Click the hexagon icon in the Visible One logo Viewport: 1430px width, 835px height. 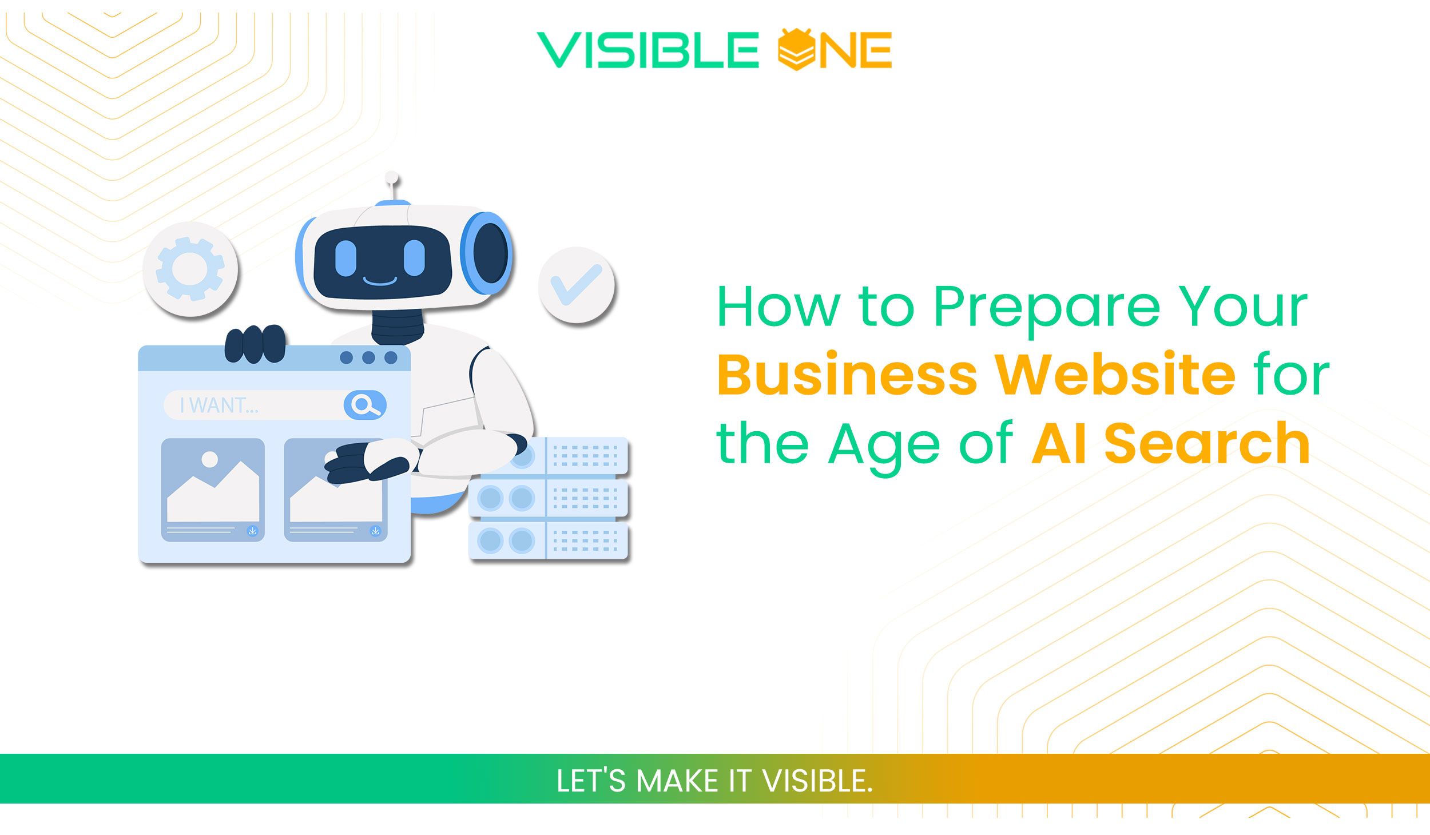[796, 50]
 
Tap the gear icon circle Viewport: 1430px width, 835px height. [190, 269]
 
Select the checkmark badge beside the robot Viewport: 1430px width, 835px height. [577, 285]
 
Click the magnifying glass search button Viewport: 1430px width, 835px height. [365, 405]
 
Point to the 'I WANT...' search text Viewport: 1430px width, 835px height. [219, 405]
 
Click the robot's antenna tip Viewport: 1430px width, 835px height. [392, 177]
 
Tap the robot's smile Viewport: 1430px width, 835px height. [380, 281]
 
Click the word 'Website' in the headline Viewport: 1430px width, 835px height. [1115, 375]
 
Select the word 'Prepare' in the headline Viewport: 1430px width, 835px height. [1046, 307]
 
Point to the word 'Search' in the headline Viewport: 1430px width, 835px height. [1207, 443]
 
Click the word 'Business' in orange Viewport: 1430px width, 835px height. [847, 375]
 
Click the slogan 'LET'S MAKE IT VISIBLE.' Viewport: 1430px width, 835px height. [714, 781]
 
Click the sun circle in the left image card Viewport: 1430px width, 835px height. [210, 459]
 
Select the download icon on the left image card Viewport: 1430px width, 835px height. [252, 531]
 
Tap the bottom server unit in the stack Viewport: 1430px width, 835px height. [548, 540]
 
